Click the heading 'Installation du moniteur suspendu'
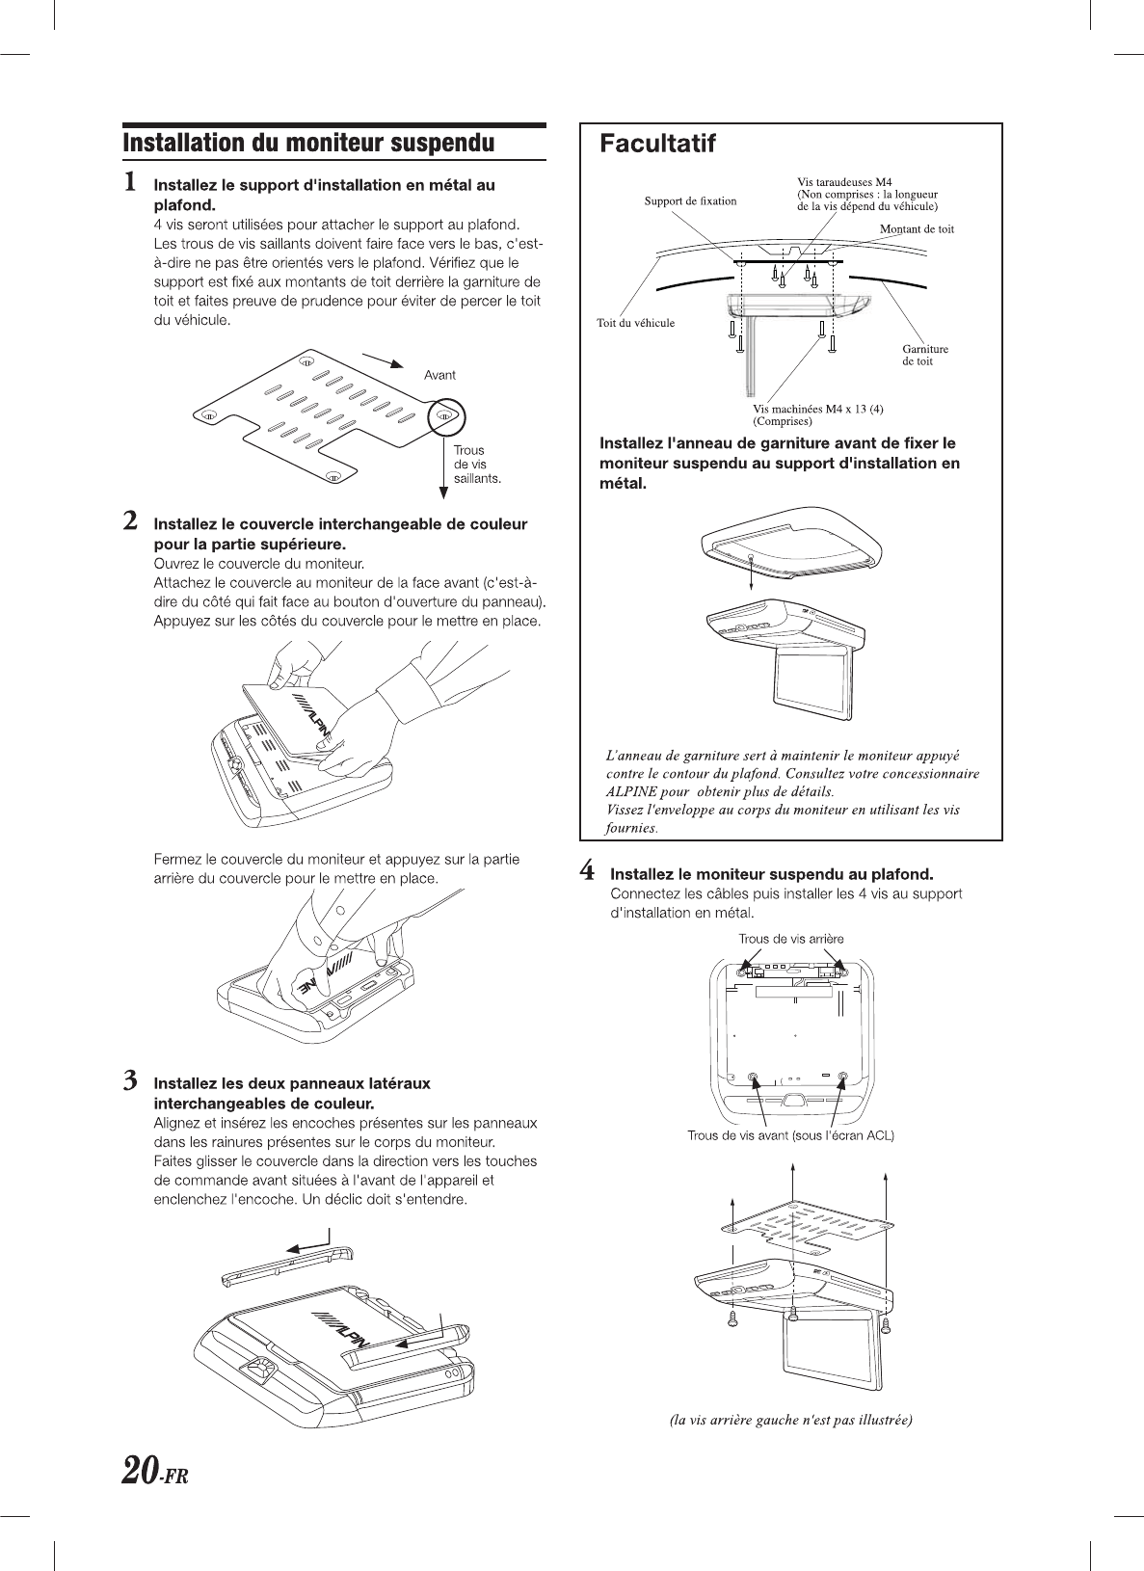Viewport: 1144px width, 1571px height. point(308,144)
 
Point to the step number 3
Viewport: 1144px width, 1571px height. point(129,1081)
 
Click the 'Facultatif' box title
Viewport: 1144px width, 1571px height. point(657,145)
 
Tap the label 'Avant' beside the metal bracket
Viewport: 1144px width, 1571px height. point(439,375)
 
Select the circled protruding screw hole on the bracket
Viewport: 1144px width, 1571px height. point(445,416)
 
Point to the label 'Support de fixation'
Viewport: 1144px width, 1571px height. point(689,200)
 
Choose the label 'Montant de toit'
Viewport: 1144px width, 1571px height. point(917,228)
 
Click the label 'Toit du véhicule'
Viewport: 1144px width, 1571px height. point(635,323)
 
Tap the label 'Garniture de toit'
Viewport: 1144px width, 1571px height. point(924,355)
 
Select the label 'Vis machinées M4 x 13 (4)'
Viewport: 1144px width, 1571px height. point(817,409)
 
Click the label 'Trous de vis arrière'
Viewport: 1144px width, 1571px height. point(790,939)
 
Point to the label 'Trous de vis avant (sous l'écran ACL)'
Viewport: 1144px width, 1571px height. point(790,1135)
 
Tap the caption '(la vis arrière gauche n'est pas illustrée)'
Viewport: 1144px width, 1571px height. point(790,1419)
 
